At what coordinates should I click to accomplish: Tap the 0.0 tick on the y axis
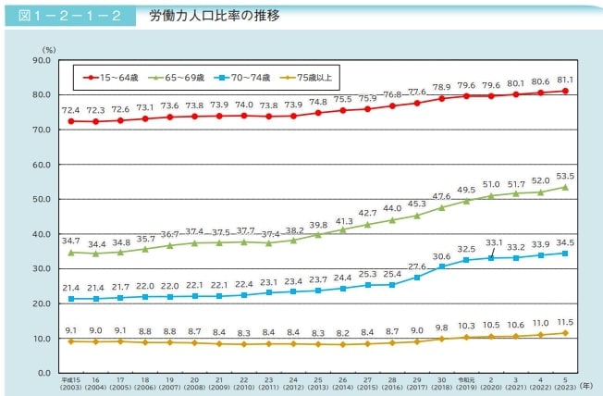(x=42, y=373)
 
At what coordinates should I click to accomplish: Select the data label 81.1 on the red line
(x=564, y=79)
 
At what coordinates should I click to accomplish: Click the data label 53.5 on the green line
(x=564, y=175)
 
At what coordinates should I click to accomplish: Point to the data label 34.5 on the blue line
(x=564, y=241)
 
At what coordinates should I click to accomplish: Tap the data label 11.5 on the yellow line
(x=564, y=321)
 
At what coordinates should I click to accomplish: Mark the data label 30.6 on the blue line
(x=441, y=256)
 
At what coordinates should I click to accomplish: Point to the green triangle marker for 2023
(x=564, y=187)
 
